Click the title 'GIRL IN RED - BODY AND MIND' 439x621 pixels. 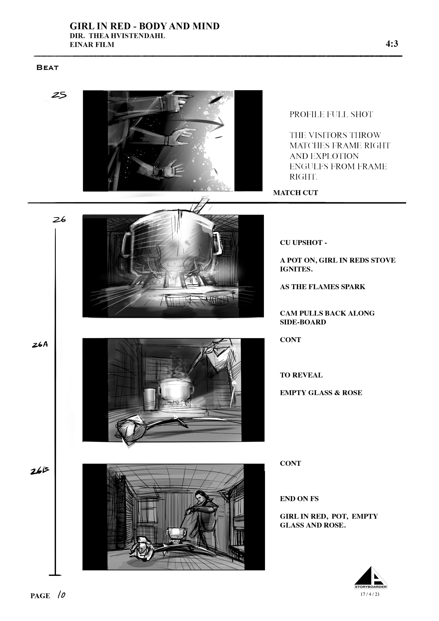pos(145,26)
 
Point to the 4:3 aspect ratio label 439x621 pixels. pos(392,44)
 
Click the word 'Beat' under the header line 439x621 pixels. pos(48,68)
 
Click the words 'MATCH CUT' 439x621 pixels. pos(295,193)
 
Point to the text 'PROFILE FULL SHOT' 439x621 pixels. pos(331,114)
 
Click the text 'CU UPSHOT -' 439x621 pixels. pos(303,243)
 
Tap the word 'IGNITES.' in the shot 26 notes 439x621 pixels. pos(296,269)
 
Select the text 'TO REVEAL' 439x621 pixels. pos(301,375)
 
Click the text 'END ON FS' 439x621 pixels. pos(299,499)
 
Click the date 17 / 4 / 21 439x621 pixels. pos(370,594)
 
